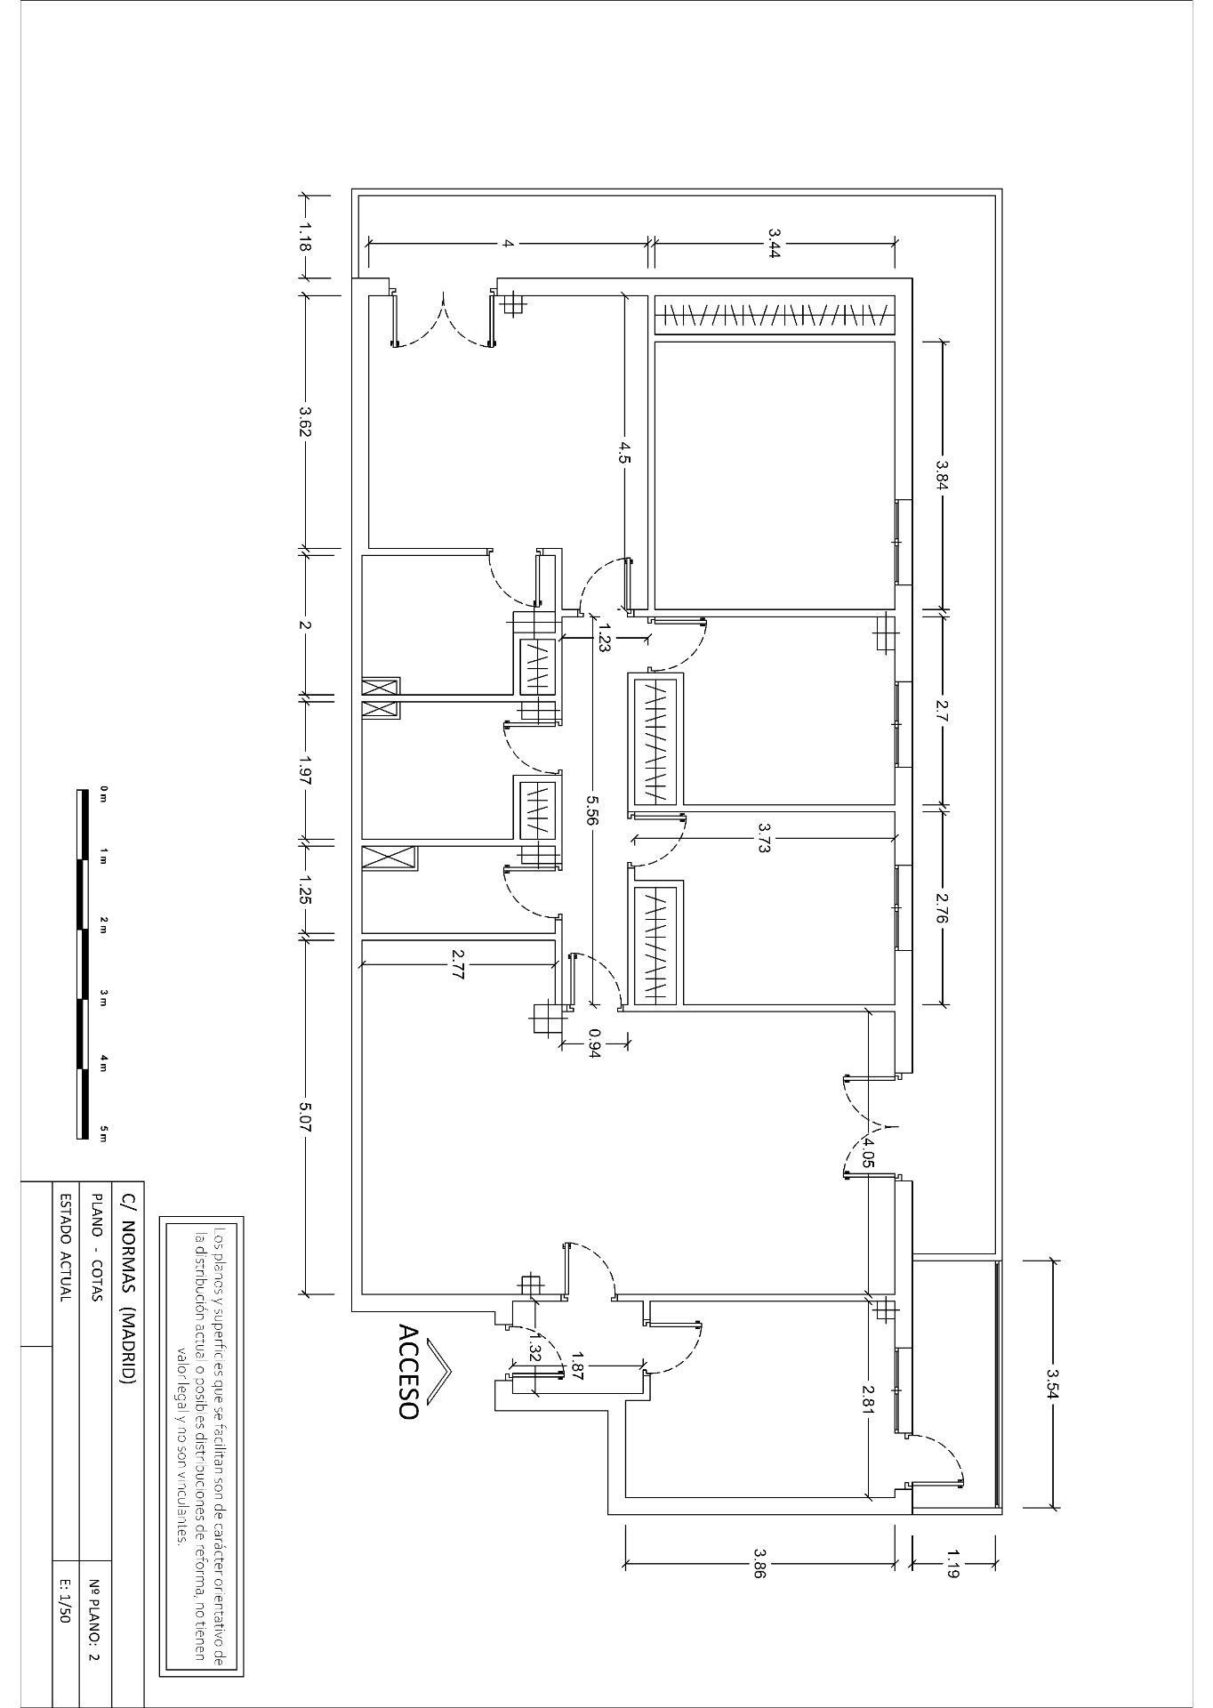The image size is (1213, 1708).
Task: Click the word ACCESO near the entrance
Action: [x=408, y=1372]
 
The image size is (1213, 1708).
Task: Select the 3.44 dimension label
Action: [x=774, y=243]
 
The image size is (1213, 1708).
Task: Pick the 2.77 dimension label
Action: [x=457, y=964]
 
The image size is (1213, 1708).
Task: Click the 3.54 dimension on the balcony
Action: [x=1053, y=1384]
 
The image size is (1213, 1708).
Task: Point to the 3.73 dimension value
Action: [x=763, y=838]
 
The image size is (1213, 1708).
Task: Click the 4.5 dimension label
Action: [x=625, y=453]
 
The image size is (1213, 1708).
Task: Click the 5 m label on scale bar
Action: [x=103, y=1132]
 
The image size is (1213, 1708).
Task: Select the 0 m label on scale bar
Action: [x=103, y=794]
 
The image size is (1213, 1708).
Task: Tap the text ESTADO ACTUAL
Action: [x=64, y=1247]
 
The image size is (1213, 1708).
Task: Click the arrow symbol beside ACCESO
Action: [x=438, y=1373]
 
